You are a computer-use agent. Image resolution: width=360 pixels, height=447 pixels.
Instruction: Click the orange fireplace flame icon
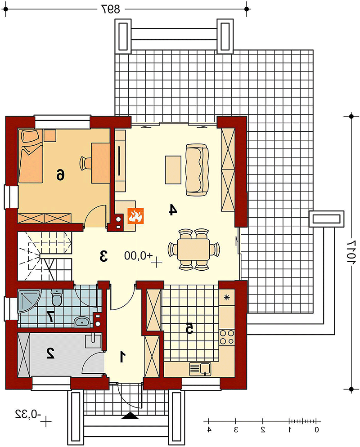click(x=135, y=215)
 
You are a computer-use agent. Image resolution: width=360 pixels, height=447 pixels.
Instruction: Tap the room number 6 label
click(x=60, y=174)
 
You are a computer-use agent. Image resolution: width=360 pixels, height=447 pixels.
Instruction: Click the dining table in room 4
click(x=193, y=249)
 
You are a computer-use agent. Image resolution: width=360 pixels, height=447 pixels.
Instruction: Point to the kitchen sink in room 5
click(x=200, y=369)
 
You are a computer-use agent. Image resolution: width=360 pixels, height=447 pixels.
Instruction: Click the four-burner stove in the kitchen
click(x=227, y=337)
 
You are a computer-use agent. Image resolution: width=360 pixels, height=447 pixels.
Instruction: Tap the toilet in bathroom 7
click(x=57, y=298)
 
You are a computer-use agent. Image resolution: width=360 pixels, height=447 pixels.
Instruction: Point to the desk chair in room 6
click(x=85, y=163)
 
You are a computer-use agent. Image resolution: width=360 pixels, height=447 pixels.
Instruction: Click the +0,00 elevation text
click(x=139, y=255)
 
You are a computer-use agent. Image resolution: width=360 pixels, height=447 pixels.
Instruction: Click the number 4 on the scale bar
click(x=209, y=429)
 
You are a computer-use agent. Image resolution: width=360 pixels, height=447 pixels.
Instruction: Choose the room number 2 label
click(x=50, y=353)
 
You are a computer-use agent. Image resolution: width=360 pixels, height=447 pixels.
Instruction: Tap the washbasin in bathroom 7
click(x=82, y=322)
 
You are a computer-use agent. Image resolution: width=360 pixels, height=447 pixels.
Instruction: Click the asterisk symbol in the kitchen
click(x=227, y=298)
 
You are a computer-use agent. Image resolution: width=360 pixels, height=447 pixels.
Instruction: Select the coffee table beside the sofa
click(x=173, y=170)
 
